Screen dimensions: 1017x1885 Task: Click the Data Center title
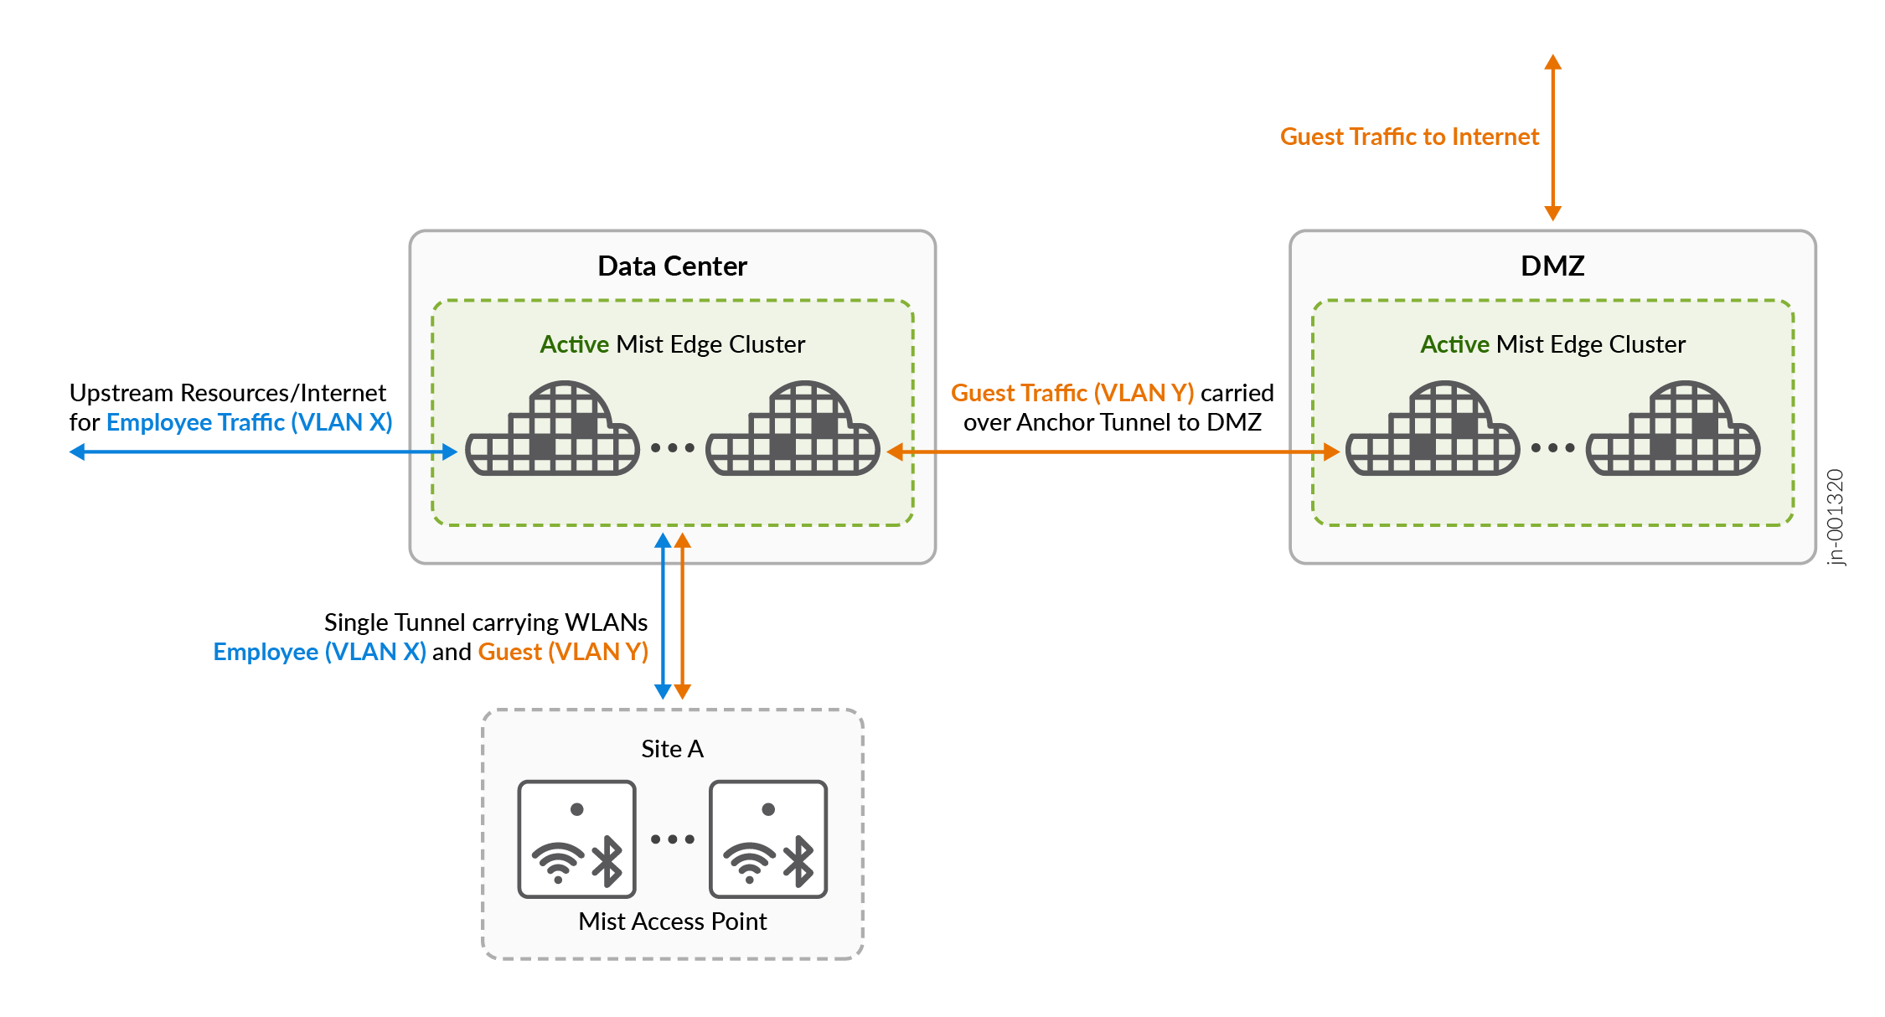(x=672, y=266)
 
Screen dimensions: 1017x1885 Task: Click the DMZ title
(x=1552, y=266)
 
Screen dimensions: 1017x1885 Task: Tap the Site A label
(x=672, y=749)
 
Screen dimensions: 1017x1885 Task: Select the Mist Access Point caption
(x=672, y=921)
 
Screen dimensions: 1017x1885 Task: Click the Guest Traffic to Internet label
(x=1409, y=137)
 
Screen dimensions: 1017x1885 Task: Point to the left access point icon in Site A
(x=576, y=839)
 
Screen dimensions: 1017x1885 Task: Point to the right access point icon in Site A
(x=767, y=839)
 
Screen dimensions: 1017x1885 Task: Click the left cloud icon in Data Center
(x=552, y=431)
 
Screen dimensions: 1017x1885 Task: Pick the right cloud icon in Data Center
(x=793, y=431)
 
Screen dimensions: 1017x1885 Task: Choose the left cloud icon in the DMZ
(x=1433, y=431)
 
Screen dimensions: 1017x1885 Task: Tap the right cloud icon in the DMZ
(x=1673, y=431)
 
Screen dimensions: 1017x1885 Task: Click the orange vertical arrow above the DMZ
(x=1552, y=138)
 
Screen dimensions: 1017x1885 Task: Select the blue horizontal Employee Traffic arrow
(x=263, y=452)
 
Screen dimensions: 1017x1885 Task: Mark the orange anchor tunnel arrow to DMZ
(x=1113, y=452)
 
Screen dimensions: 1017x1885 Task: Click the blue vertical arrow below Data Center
(x=663, y=617)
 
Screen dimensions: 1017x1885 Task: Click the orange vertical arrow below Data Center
(x=683, y=617)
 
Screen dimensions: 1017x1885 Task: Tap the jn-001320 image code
(x=1836, y=517)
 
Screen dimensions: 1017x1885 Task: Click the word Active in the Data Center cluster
(x=574, y=344)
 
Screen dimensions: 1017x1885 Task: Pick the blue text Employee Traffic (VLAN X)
(x=249, y=422)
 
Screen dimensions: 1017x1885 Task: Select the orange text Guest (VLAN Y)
(x=563, y=652)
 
